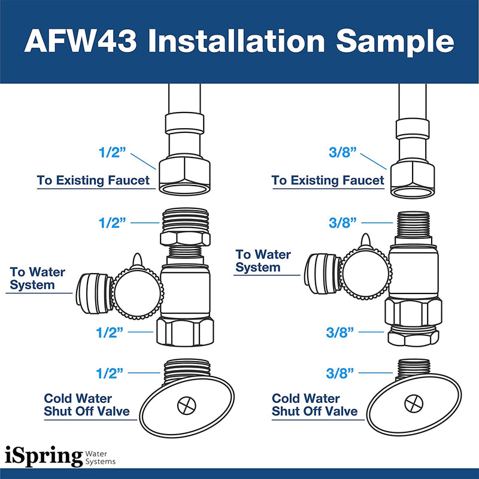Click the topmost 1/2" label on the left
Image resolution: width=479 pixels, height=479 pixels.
click(113, 152)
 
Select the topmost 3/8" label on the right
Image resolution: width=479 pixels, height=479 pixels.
click(344, 152)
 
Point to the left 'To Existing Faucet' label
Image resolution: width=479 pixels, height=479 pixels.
click(93, 180)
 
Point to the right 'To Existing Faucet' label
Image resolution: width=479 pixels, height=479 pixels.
click(328, 180)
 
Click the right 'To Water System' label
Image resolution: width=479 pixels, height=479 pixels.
click(263, 261)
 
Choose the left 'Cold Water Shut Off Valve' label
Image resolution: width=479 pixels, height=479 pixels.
click(87, 405)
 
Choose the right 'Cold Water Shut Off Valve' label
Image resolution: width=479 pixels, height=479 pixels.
click(314, 405)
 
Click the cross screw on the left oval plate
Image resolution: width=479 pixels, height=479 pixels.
click(186, 405)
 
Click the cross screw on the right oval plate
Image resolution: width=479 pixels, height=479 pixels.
click(413, 404)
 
